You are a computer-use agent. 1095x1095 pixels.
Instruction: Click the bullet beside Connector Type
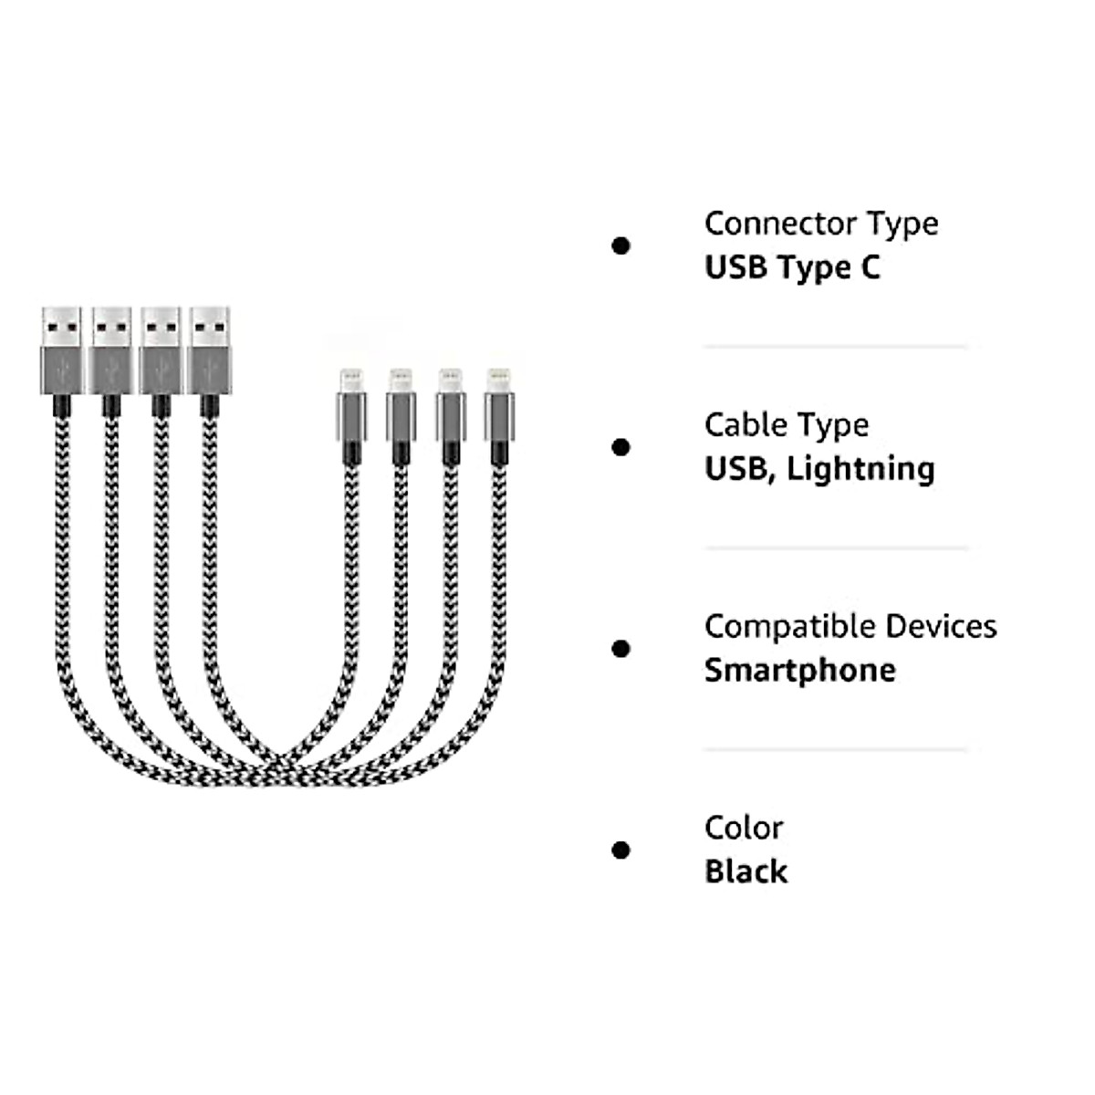[621, 245]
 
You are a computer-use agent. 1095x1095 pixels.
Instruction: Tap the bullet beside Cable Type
[621, 447]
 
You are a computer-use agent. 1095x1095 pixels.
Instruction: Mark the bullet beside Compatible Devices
[621, 649]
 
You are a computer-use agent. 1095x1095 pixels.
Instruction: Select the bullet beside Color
[621, 850]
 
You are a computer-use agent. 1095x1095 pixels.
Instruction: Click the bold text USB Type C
[792, 267]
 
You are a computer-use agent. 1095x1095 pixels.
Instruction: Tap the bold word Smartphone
[799, 671]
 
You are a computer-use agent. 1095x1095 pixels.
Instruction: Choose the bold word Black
[746, 871]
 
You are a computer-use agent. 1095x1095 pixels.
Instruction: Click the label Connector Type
[821, 224]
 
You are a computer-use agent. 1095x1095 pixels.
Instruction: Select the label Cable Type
[786, 425]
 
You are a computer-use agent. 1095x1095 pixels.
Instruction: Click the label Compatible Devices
[850, 627]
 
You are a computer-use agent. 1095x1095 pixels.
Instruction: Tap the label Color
[744, 829]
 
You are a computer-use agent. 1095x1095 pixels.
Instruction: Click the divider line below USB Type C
[835, 347]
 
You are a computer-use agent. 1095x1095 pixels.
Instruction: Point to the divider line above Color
[835, 750]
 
